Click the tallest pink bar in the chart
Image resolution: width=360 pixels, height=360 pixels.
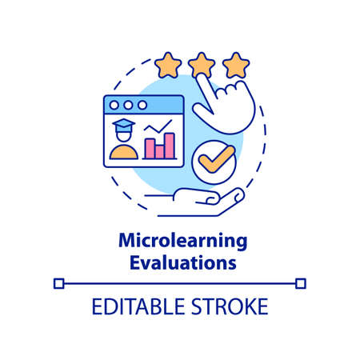(170, 145)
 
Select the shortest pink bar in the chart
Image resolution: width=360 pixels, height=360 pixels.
(149, 150)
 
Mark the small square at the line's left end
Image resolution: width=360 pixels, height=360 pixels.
(58, 282)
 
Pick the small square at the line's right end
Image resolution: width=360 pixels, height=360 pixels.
(301, 282)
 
